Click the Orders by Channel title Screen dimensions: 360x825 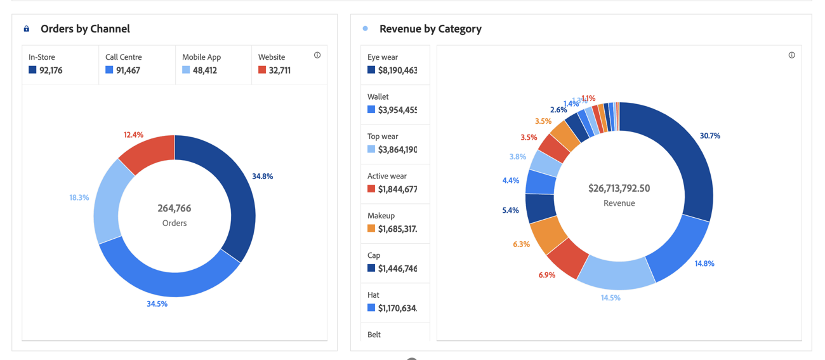tap(85, 29)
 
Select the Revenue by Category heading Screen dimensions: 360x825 tap(430, 29)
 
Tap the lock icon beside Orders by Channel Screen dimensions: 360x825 tap(27, 29)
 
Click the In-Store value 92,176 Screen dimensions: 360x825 tap(51, 70)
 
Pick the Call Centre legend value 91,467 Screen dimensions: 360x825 tap(128, 70)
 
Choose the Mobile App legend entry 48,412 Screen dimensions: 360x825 tap(204, 70)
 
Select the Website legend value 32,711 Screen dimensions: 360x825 tap(279, 70)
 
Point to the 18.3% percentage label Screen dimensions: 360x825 tap(79, 197)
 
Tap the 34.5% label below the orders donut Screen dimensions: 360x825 tap(157, 303)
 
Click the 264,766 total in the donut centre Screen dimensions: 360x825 tap(175, 208)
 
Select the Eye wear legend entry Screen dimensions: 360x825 tap(383, 57)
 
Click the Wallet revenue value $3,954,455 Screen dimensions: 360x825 tap(397, 110)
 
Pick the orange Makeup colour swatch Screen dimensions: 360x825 tap(371, 229)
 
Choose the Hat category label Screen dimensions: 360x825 tap(373, 295)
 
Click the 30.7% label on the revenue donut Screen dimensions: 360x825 tap(709, 136)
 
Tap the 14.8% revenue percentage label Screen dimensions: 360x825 tap(704, 263)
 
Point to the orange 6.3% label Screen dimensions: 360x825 tap(521, 244)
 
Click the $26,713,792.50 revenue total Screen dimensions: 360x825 tap(619, 189)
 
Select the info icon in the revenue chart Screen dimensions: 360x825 tap(791, 55)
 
